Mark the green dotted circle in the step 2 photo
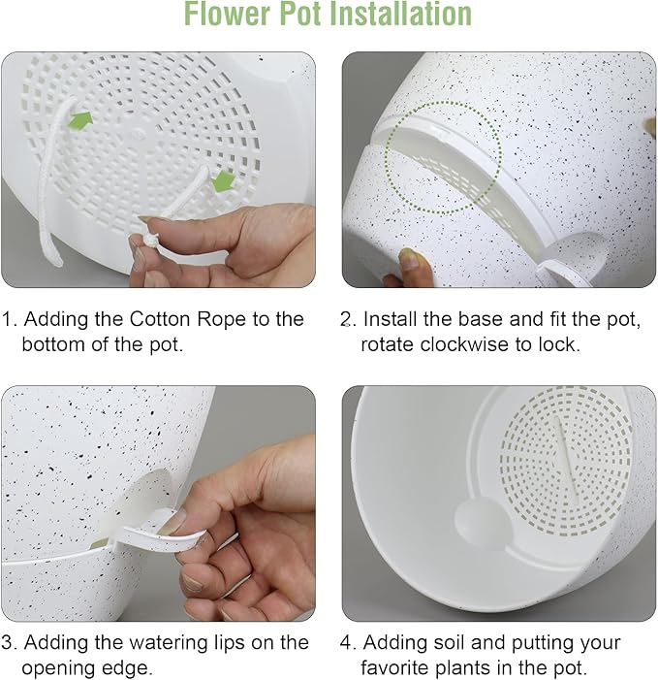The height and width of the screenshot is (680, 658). coord(443,156)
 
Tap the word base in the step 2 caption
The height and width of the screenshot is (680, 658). coord(473,319)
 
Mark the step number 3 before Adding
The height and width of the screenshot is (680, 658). coord(9,642)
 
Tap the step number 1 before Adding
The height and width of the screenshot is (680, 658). coord(9,319)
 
